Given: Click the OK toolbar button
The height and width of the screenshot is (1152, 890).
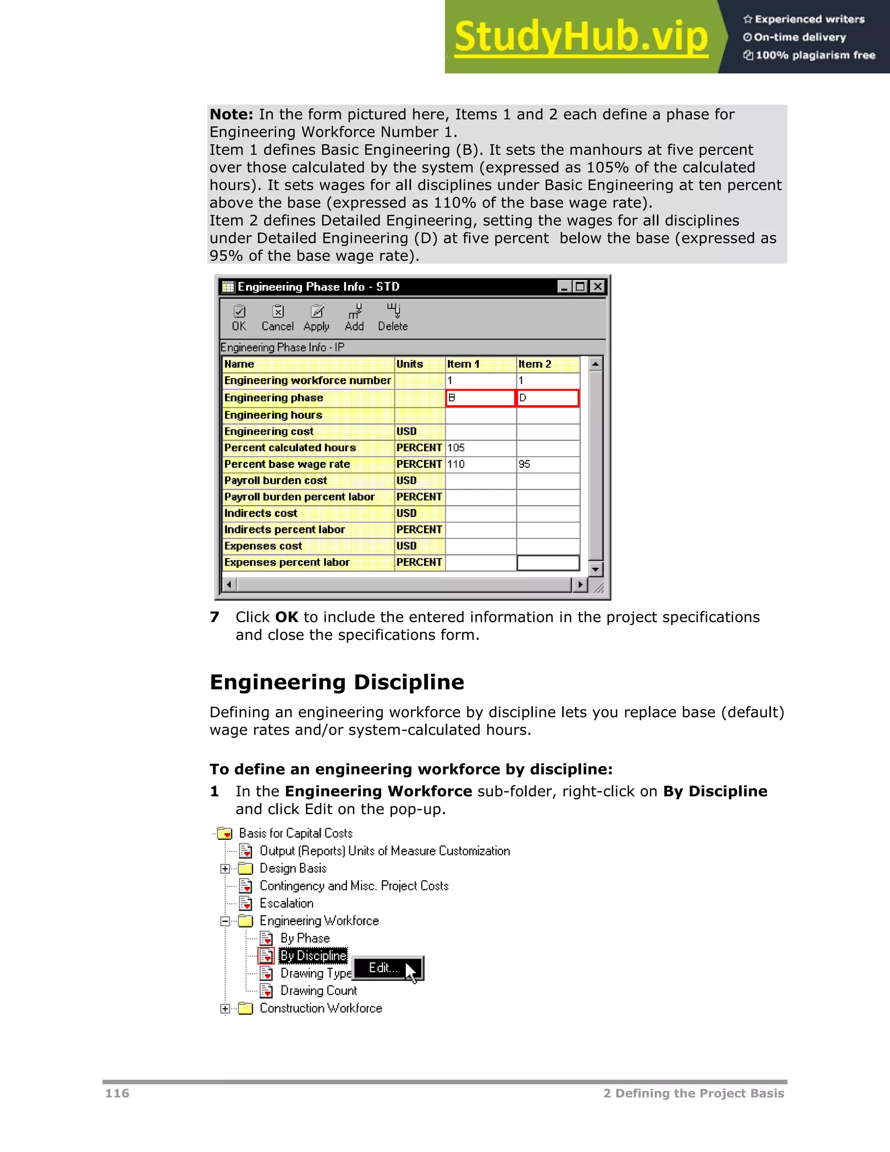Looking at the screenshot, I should coord(239,318).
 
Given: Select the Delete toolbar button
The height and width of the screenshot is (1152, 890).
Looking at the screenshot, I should coord(393,318).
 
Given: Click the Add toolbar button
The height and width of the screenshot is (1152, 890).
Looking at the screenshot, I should coord(354,318).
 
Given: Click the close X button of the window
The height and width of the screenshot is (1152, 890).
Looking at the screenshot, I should coord(598,286).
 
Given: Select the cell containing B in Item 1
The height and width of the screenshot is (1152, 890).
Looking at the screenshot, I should coord(480,398).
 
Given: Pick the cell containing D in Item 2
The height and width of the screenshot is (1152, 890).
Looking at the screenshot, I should coord(547,398).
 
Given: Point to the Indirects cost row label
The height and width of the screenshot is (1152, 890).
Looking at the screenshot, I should coord(261,513).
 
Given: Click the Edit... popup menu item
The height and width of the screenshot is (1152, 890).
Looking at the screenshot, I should coord(384,968).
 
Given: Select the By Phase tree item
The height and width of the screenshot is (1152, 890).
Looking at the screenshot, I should coord(305,939).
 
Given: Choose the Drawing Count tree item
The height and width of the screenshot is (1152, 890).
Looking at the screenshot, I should coord(319,991).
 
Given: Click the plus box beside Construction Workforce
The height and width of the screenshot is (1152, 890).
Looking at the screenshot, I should coord(225,1009).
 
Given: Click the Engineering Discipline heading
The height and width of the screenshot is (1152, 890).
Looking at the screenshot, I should coord(337,682).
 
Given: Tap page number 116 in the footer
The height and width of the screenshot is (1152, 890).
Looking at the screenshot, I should coord(117,1093).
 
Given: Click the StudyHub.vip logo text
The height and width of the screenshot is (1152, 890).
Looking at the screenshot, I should coord(581,37).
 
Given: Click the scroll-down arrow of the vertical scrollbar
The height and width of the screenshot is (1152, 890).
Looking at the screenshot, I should coord(596,569).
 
